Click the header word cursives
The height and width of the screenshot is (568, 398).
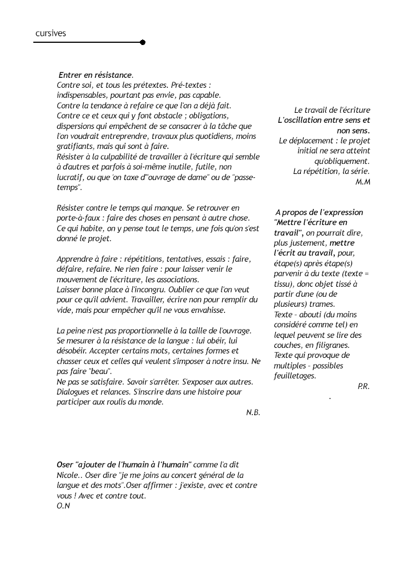(51, 33)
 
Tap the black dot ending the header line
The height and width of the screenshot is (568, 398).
(143, 42)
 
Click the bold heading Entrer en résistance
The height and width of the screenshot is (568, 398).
(95, 75)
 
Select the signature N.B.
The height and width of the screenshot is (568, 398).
(253, 412)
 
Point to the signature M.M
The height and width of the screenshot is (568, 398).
(362, 182)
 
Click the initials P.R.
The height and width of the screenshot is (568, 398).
(364, 386)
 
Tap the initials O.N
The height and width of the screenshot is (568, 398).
(63, 506)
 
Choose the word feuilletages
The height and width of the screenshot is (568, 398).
(295, 376)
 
